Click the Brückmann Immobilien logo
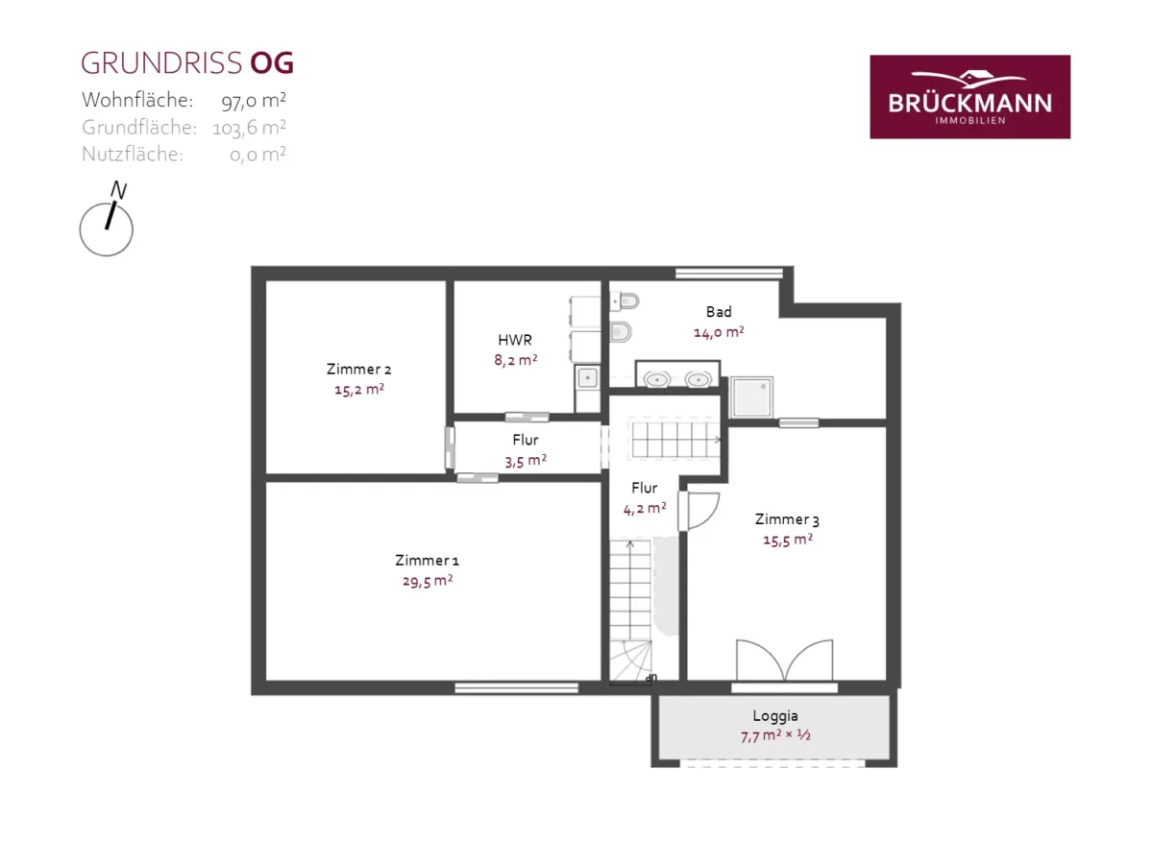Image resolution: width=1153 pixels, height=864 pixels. (x=969, y=97)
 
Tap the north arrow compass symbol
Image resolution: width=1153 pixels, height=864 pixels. (x=107, y=221)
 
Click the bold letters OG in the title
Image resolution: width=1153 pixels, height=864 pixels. (x=272, y=63)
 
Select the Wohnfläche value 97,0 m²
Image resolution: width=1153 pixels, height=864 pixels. (x=254, y=100)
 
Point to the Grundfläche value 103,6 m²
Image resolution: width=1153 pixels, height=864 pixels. (x=249, y=128)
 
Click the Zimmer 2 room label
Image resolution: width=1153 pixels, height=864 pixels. (x=358, y=369)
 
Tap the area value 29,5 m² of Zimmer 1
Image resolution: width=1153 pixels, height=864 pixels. (x=428, y=581)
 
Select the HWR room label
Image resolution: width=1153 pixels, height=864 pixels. (x=515, y=340)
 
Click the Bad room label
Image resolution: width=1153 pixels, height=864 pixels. (x=719, y=312)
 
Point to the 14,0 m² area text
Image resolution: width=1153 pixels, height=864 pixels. (x=719, y=332)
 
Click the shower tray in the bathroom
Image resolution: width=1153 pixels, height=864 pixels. (x=751, y=397)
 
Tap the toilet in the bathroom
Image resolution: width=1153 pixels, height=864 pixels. (x=621, y=331)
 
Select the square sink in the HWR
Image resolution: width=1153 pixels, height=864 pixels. (x=588, y=377)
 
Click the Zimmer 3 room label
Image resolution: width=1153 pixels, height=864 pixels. (x=787, y=519)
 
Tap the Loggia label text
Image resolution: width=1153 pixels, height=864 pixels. (x=775, y=715)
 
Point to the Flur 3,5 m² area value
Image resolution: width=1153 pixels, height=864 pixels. (x=526, y=461)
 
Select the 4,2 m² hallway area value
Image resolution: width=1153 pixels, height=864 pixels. (x=645, y=509)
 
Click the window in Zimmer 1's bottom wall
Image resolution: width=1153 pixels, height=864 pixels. (x=516, y=687)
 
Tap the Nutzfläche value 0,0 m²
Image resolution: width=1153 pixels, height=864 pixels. (x=258, y=155)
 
